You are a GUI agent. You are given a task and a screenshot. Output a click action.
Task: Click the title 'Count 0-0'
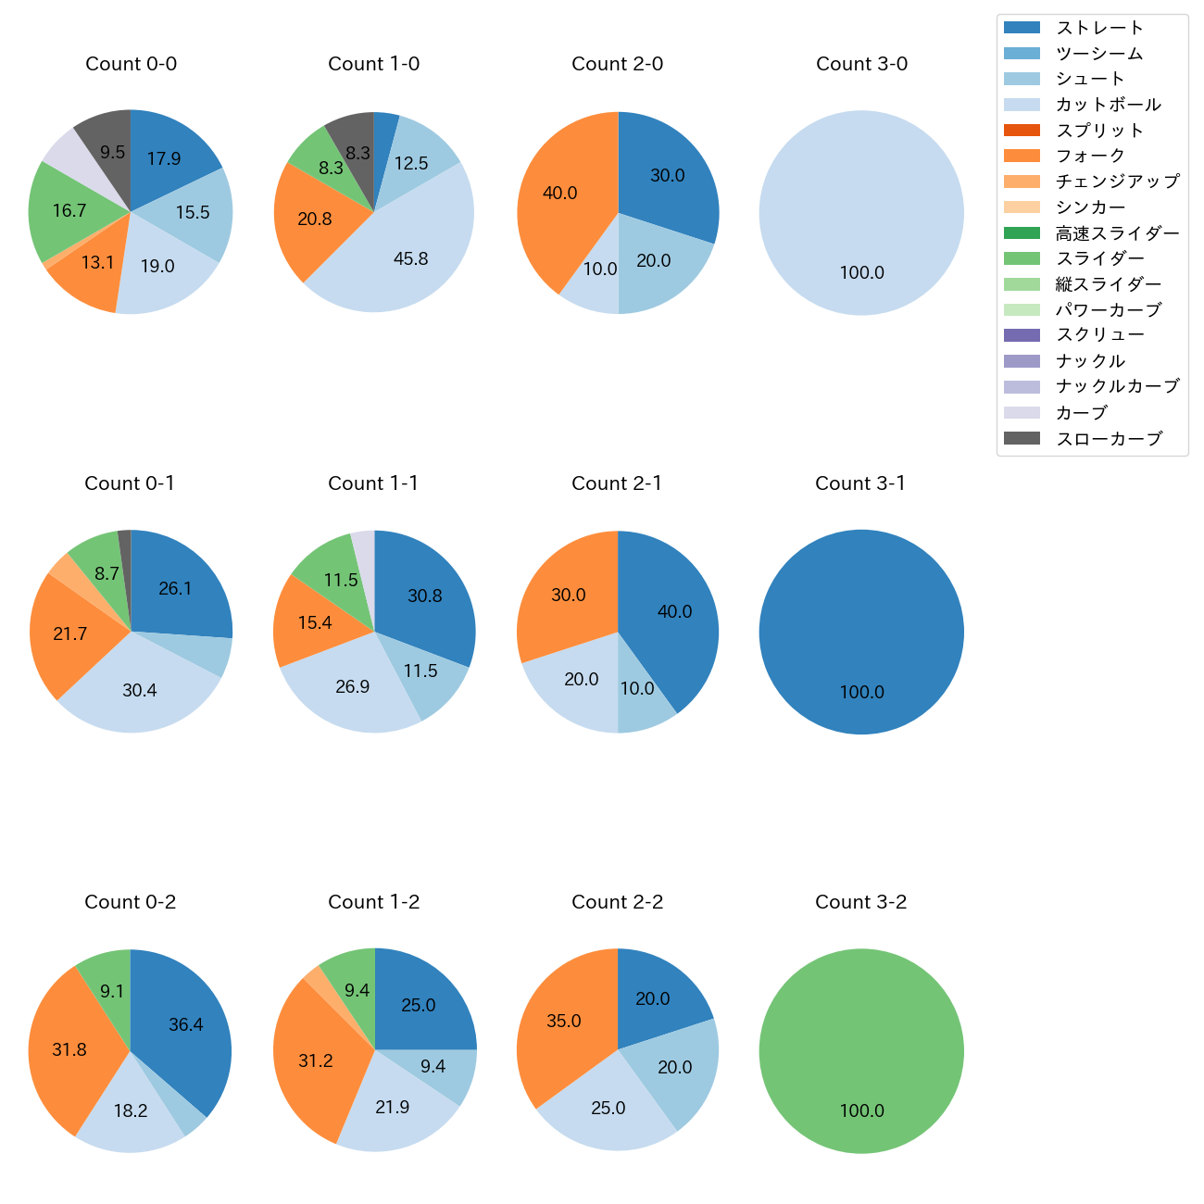131,64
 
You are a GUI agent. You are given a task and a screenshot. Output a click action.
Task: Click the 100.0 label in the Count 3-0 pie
861,273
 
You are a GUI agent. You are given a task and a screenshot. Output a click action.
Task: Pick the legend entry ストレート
1099,28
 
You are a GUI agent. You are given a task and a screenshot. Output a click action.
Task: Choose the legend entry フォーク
1090,156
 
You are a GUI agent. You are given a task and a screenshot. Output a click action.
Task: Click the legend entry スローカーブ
1109,439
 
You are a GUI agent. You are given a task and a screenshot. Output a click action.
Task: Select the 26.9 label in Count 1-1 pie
353,686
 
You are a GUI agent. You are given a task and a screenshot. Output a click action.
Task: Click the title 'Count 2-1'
617,483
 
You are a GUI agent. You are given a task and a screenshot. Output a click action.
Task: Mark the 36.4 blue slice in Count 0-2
185,1023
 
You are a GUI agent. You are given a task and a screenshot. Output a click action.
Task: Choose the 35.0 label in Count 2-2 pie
563,1022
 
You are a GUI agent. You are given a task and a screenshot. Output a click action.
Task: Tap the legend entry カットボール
1108,105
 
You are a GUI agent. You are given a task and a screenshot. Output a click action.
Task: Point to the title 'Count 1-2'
373,902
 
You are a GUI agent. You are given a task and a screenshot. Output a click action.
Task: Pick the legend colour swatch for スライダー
1022,258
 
